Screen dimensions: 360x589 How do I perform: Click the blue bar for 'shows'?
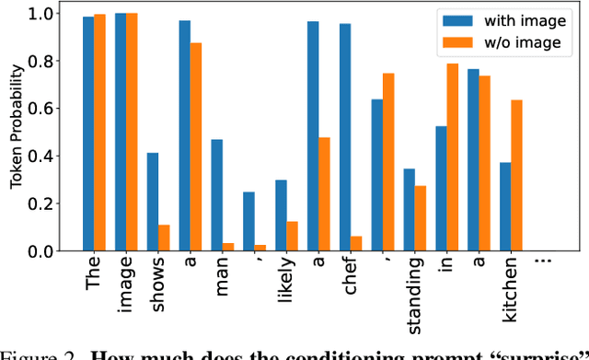coord(153,202)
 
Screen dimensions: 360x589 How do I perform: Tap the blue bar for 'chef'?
coord(345,137)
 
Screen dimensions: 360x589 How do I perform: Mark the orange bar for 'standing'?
coord(421,218)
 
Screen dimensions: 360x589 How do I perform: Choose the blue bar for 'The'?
coord(88,134)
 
